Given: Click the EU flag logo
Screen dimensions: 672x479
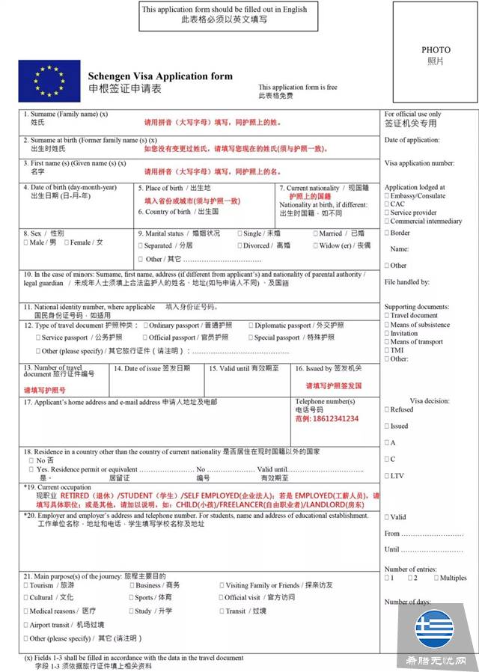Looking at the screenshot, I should point(49,80).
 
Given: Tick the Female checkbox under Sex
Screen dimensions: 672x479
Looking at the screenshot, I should point(67,242).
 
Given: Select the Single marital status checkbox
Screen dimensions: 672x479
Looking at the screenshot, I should point(239,233).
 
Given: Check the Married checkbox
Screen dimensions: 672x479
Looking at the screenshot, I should point(315,233).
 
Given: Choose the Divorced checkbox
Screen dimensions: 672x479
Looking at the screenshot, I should point(239,245).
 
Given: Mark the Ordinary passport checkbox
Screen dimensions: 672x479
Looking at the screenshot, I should point(145,326).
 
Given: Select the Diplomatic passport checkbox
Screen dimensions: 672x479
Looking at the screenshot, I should point(250,326).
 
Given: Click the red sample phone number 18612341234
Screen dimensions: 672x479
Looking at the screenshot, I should point(326,418).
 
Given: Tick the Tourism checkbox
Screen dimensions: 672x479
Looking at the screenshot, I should point(26,585).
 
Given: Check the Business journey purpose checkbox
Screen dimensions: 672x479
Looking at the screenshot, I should point(132,585).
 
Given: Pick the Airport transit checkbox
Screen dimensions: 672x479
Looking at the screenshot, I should point(26,625).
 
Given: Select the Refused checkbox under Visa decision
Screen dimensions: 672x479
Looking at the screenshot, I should point(386,409).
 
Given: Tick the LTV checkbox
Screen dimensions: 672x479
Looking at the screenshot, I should point(386,475).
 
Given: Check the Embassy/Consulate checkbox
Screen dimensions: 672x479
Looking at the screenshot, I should point(387,196).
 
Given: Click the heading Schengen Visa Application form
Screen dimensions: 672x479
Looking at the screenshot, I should point(160,76).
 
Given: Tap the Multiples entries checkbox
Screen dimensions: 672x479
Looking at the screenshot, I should point(436,578).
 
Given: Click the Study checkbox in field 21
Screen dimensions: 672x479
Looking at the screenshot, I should point(131,611).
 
